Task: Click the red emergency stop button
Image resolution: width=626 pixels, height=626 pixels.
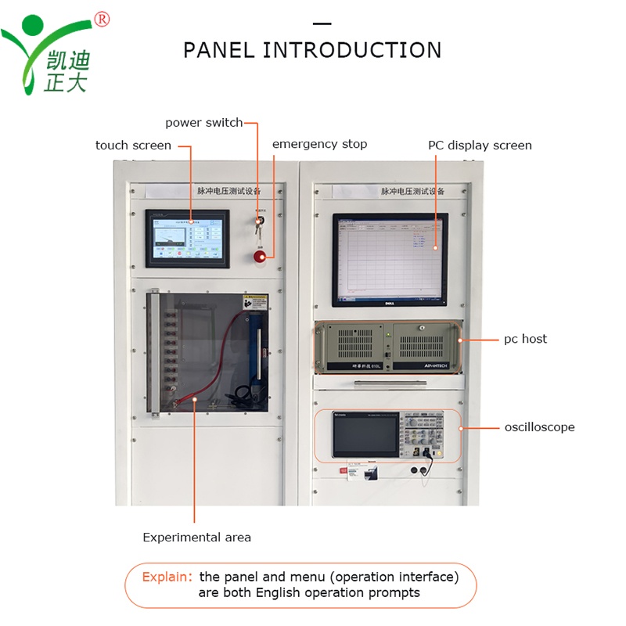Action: [259, 255]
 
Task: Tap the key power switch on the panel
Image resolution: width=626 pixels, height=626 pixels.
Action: [259, 222]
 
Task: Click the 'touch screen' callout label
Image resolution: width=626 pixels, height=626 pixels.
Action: [133, 146]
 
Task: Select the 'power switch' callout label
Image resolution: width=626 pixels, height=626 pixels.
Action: [203, 123]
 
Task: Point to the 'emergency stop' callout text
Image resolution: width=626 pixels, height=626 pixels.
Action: [319, 144]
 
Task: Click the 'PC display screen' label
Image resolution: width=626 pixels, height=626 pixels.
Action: [480, 146]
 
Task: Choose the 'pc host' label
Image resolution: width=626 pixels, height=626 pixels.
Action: [525, 339]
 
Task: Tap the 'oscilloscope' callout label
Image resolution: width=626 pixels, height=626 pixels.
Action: [539, 427]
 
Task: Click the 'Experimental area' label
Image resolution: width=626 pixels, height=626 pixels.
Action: [196, 538]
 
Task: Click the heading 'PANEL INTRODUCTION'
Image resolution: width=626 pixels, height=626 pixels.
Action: [312, 50]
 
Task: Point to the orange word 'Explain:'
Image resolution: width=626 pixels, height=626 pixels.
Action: [167, 577]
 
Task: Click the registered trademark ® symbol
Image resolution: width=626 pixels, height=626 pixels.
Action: [102, 19]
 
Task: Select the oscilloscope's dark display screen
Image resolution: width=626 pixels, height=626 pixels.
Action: [365, 434]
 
